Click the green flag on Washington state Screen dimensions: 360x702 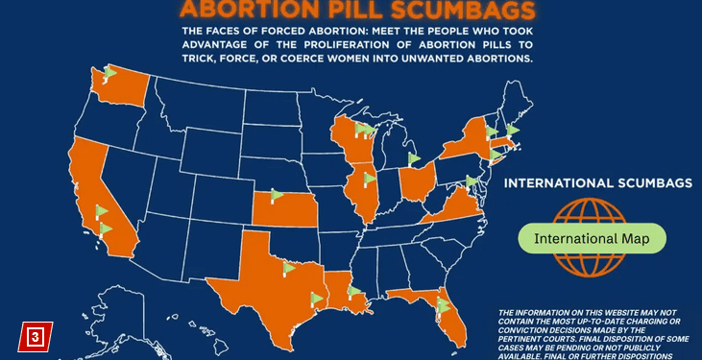[109, 73]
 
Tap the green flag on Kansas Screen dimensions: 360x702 [277, 196]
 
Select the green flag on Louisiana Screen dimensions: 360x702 [354, 290]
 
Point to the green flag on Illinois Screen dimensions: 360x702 [370, 179]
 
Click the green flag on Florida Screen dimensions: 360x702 [442, 304]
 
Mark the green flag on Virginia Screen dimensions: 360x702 [472, 180]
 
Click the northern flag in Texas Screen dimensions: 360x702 [289, 265]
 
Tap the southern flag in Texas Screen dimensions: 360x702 [317, 298]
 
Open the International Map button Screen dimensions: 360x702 [592, 237]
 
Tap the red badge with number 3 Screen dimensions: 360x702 [34, 336]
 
